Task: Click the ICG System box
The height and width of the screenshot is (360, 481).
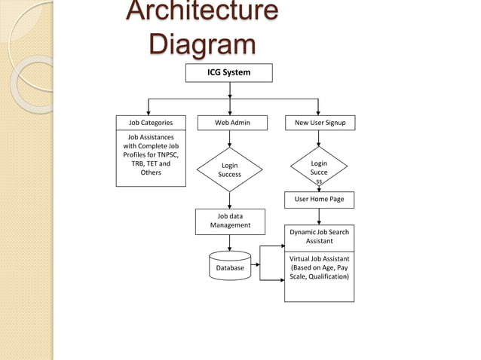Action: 229,72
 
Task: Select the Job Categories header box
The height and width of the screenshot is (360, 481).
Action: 151,122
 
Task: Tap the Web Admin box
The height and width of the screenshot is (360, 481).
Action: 232,122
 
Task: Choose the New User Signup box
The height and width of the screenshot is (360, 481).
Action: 320,122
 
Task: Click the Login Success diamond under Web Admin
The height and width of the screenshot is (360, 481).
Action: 229,169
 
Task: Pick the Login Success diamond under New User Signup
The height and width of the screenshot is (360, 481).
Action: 319,169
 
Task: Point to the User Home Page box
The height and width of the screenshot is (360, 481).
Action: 319,200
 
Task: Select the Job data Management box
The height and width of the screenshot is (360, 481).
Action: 230,221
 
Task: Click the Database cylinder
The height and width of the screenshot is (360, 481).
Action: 230,266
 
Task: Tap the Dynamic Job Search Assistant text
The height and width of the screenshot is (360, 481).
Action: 319,236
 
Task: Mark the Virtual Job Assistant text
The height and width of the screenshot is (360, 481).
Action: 319,267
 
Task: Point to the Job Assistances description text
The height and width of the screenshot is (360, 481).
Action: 151,155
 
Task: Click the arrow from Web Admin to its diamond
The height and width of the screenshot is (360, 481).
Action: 229,139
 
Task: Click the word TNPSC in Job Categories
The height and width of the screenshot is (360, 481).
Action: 165,154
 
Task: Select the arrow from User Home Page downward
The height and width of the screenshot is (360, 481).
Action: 319,216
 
